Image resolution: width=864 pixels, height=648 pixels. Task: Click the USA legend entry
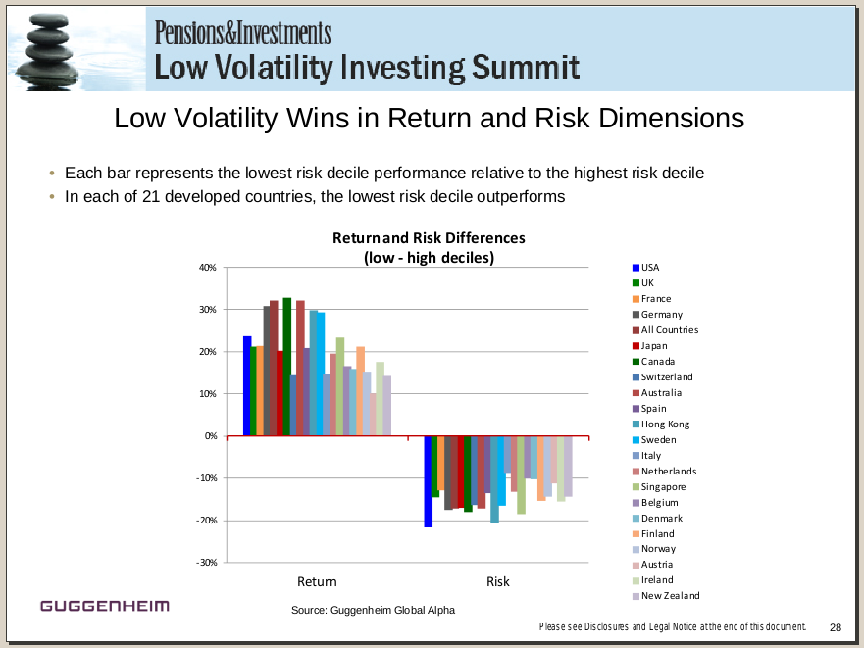click(x=649, y=268)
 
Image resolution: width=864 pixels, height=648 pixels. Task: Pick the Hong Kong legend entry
click(x=665, y=424)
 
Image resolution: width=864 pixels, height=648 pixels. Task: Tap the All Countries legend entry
click(x=669, y=330)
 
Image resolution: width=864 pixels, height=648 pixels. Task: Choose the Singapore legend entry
click(x=663, y=487)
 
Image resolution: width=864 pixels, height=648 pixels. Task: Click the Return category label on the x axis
click(x=316, y=581)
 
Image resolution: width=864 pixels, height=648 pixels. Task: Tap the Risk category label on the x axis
click(x=497, y=581)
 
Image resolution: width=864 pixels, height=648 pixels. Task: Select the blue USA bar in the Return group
click(x=247, y=386)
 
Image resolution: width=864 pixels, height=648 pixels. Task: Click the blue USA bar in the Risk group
click(x=428, y=481)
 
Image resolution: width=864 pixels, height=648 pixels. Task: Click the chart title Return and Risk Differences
click(x=429, y=238)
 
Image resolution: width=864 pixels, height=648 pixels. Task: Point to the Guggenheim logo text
click(x=105, y=606)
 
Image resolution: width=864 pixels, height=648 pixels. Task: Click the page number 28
click(x=836, y=627)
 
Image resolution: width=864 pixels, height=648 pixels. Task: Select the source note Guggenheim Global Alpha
click(x=373, y=610)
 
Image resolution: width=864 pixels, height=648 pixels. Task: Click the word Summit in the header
click(x=525, y=68)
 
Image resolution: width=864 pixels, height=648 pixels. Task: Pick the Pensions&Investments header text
click(x=243, y=33)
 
